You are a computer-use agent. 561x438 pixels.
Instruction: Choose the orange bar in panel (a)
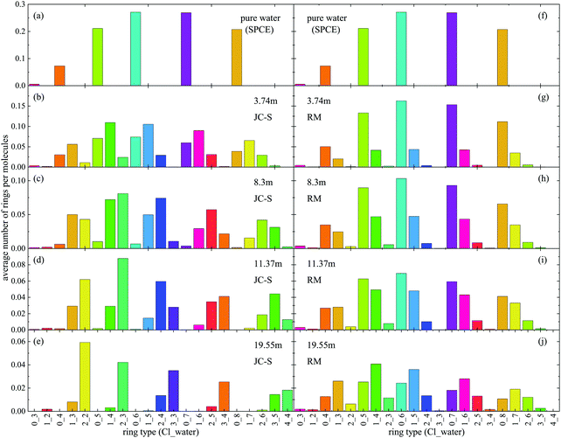tap(59, 76)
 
